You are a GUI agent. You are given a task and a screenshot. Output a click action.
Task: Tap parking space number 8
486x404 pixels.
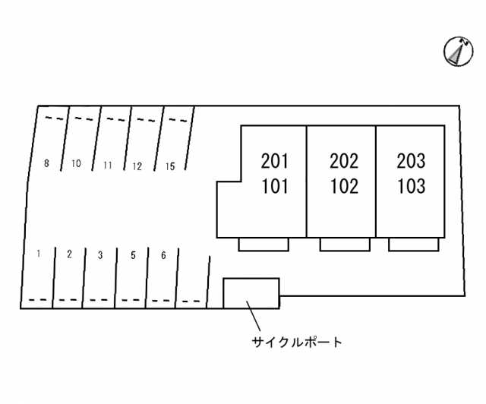(47, 163)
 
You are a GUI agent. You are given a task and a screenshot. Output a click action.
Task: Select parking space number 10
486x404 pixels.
(76, 163)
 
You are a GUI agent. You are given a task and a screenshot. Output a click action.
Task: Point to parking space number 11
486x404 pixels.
(108, 165)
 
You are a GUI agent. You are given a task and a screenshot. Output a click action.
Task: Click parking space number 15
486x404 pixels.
(170, 166)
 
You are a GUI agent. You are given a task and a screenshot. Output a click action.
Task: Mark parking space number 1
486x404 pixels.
(38, 254)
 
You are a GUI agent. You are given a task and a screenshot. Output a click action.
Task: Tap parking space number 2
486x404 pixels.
(69, 254)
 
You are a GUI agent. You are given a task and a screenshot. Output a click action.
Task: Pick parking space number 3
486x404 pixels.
(100, 255)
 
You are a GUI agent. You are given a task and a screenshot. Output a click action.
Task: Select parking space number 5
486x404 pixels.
(133, 255)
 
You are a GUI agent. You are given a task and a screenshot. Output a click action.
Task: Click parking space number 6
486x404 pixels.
(163, 255)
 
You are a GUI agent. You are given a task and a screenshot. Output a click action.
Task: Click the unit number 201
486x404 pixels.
(275, 161)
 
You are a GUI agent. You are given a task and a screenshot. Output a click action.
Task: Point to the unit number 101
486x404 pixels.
(275, 186)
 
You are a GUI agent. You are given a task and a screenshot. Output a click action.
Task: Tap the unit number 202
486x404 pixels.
(344, 161)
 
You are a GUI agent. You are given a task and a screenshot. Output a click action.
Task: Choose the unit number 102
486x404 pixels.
(344, 186)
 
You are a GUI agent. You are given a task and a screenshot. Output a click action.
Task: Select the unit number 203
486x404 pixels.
(411, 161)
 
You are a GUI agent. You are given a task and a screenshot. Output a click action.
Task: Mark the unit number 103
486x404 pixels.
(411, 186)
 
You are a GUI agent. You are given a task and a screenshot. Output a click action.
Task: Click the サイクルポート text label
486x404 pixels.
(297, 342)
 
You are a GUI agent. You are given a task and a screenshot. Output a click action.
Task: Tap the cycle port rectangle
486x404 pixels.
(251, 293)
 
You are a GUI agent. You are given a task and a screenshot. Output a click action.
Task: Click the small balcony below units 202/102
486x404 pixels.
(345, 244)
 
